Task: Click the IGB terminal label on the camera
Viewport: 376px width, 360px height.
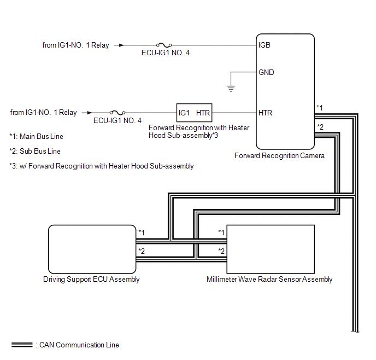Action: pyautogui.click(x=265, y=45)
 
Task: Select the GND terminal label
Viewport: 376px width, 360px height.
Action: pyautogui.click(x=266, y=73)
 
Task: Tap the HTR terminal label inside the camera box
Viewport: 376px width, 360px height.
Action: pyautogui.click(x=266, y=113)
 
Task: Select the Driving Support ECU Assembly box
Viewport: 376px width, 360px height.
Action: pyautogui.click(x=92, y=248)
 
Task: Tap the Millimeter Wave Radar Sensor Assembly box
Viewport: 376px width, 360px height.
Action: pyautogui.click(x=270, y=248)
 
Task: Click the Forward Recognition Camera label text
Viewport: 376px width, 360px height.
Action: pyautogui.click(x=279, y=156)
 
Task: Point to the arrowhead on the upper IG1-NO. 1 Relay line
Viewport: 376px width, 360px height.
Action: pyautogui.click(x=121, y=46)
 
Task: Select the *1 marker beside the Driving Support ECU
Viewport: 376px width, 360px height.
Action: pyautogui.click(x=142, y=233)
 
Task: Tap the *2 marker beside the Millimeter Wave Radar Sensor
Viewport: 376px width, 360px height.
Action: pyautogui.click(x=221, y=251)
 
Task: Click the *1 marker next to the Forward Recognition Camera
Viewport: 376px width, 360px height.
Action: pyautogui.click(x=320, y=108)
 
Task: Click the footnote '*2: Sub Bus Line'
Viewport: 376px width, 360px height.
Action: pyautogui.click(x=35, y=152)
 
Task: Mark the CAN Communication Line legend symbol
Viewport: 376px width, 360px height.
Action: pyautogui.click(x=22, y=345)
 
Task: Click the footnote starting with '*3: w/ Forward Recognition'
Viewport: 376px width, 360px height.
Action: pyautogui.click(x=102, y=166)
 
